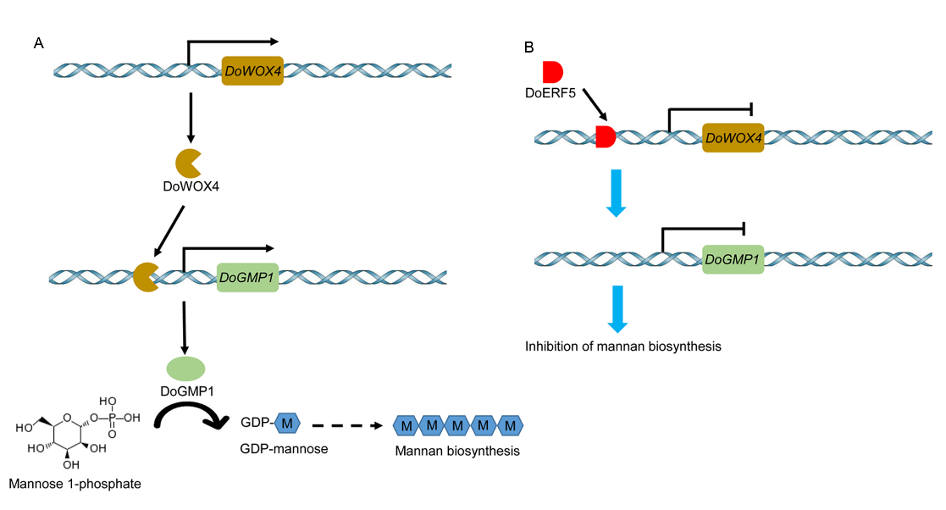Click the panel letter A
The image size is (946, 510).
(39, 43)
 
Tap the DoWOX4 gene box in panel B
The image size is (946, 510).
(733, 136)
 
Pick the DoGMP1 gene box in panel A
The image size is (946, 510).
(248, 276)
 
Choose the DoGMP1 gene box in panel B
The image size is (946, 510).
(733, 258)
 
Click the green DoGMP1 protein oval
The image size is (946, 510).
(185, 368)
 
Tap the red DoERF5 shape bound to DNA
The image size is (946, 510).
(605, 136)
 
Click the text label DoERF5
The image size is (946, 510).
(550, 92)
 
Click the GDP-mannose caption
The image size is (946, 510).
(284, 448)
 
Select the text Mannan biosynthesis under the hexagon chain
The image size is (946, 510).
(456, 452)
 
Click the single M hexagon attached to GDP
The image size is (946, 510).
(288, 423)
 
